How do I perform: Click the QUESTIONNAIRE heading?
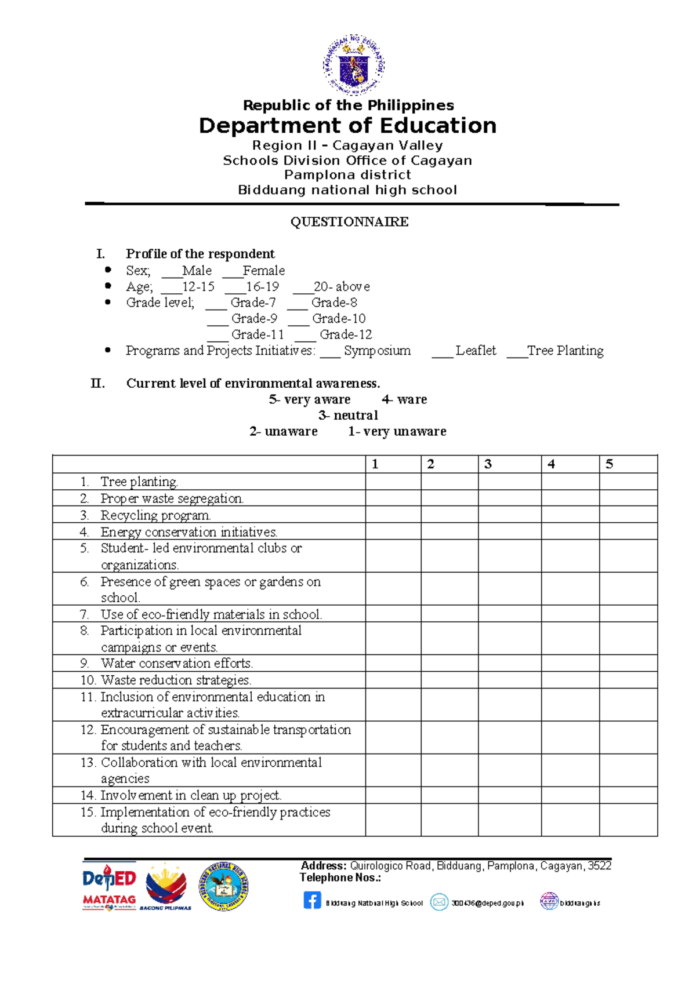[349, 221]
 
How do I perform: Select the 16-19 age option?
[262, 287]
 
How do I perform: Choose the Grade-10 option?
[339, 319]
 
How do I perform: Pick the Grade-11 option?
[258, 335]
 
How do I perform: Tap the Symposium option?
[376, 351]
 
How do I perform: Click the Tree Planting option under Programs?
[565, 351]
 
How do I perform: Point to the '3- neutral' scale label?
[348, 416]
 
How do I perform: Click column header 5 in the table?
[610, 464]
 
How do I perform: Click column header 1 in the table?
[375, 464]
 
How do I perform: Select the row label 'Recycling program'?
[155, 515]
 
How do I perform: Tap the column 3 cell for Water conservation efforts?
[509, 663]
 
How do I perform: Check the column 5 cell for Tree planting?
[628, 482]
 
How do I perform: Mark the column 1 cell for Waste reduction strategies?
[393, 680]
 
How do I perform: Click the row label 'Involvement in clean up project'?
[191, 795]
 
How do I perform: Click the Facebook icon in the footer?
[312, 900]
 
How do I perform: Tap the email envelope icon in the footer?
[439, 902]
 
